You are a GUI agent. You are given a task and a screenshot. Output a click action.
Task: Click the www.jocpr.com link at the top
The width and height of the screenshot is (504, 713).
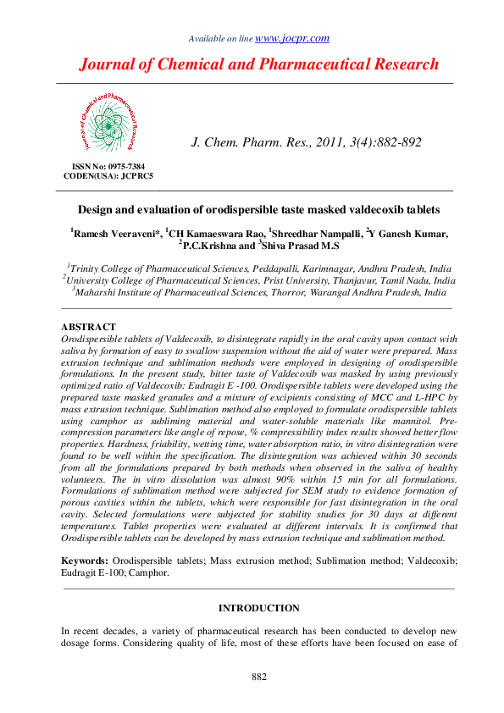click(x=292, y=38)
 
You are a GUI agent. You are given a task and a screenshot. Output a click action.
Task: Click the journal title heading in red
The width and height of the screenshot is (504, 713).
click(x=259, y=64)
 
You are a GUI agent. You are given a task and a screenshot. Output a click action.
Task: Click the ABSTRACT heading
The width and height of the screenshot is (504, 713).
click(x=89, y=326)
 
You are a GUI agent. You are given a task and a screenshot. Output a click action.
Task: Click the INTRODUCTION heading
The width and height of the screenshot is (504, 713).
click(x=258, y=608)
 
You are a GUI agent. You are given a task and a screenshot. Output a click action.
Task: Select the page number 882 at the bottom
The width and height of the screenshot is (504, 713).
click(x=259, y=676)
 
